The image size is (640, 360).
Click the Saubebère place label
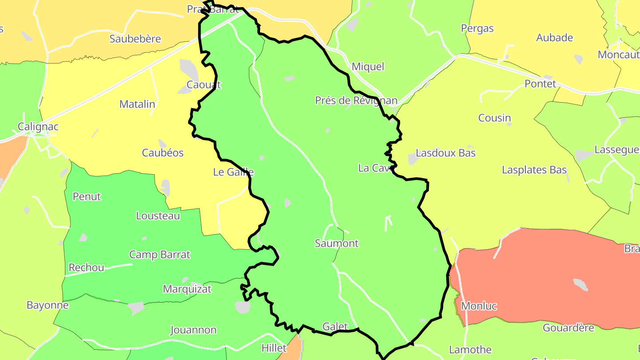[135, 39]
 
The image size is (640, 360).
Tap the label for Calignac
[38, 127]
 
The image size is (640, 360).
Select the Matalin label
[137, 104]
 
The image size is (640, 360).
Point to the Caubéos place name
[163, 153]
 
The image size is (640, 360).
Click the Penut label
[87, 196]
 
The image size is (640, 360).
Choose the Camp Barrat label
[160, 255]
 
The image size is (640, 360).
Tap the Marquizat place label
[187, 289]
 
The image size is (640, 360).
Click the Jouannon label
[193, 330]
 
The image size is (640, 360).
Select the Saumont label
[336, 244]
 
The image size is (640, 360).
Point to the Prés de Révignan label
[356, 100]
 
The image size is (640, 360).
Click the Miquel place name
[368, 67]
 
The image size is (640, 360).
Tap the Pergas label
[477, 28]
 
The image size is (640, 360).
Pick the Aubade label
[554, 38]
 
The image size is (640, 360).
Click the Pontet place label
[540, 84]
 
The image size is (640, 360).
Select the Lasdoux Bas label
[445, 153]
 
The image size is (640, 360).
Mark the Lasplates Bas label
[534, 170]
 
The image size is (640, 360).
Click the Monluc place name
[479, 306]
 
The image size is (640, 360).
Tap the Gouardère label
[568, 328]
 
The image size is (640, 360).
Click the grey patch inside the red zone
[580, 284]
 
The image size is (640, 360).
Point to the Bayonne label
[48, 305]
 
